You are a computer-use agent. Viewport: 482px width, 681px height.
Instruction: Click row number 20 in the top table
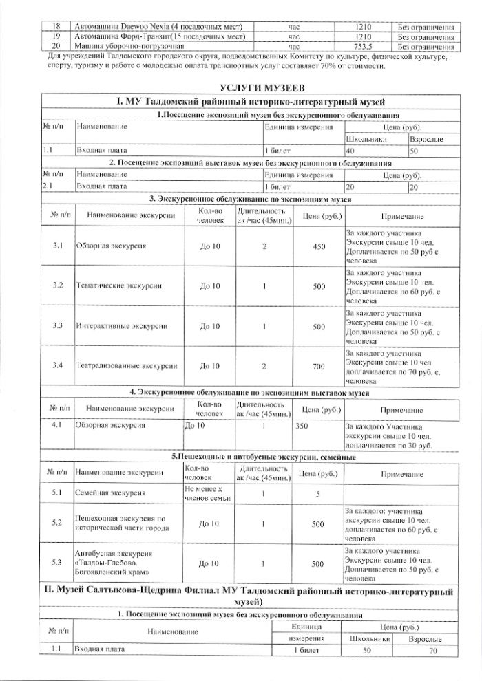coord(58,46)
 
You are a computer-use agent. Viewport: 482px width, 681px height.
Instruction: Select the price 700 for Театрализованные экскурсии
coord(319,367)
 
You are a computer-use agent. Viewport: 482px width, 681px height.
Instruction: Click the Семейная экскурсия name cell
coord(110,493)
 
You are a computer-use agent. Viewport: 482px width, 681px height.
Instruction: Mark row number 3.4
coord(58,365)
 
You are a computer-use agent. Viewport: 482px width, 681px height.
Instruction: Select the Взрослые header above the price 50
coord(426,140)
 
